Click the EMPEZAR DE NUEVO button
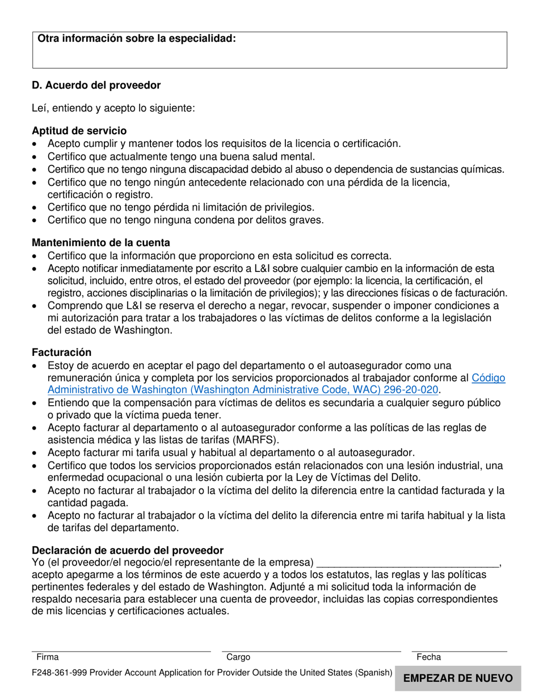(458, 678)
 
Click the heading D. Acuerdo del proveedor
(96, 86)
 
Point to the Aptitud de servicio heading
(79, 131)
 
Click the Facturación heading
(62, 352)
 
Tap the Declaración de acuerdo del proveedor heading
(128, 551)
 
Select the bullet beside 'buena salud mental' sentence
(36, 157)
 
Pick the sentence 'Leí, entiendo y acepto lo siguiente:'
(113, 108)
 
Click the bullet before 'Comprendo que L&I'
(36, 307)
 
